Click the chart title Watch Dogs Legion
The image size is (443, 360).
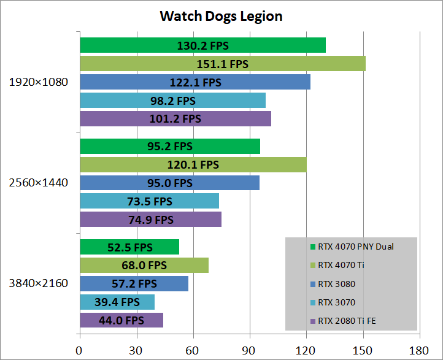pyautogui.click(x=221, y=16)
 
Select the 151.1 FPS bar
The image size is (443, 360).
pyautogui.click(x=223, y=64)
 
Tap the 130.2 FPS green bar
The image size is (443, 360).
pyautogui.click(x=202, y=45)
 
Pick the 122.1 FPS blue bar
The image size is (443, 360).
pyautogui.click(x=195, y=82)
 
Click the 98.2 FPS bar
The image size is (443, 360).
pyautogui.click(x=172, y=101)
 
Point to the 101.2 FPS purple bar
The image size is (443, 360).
pyautogui.click(x=175, y=119)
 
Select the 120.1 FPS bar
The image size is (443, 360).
pyautogui.click(x=193, y=164)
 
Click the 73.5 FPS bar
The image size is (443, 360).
pyautogui.click(x=149, y=201)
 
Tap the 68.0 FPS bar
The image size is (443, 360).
pyautogui.click(x=144, y=266)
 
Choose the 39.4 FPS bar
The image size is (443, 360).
pyautogui.click(x=117, y=302)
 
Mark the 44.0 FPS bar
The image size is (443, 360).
pyautogui.click(x=121, y=320)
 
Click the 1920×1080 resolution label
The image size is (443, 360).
pyautogui.click(x=39, y=82)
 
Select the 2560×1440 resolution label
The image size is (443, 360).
pyautogui.click(x=39, y=183)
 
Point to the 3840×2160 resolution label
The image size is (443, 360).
pyautogui.click(x=39, y=283)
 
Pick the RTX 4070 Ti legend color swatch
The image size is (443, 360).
pyautogui.click(x=314, y=266)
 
